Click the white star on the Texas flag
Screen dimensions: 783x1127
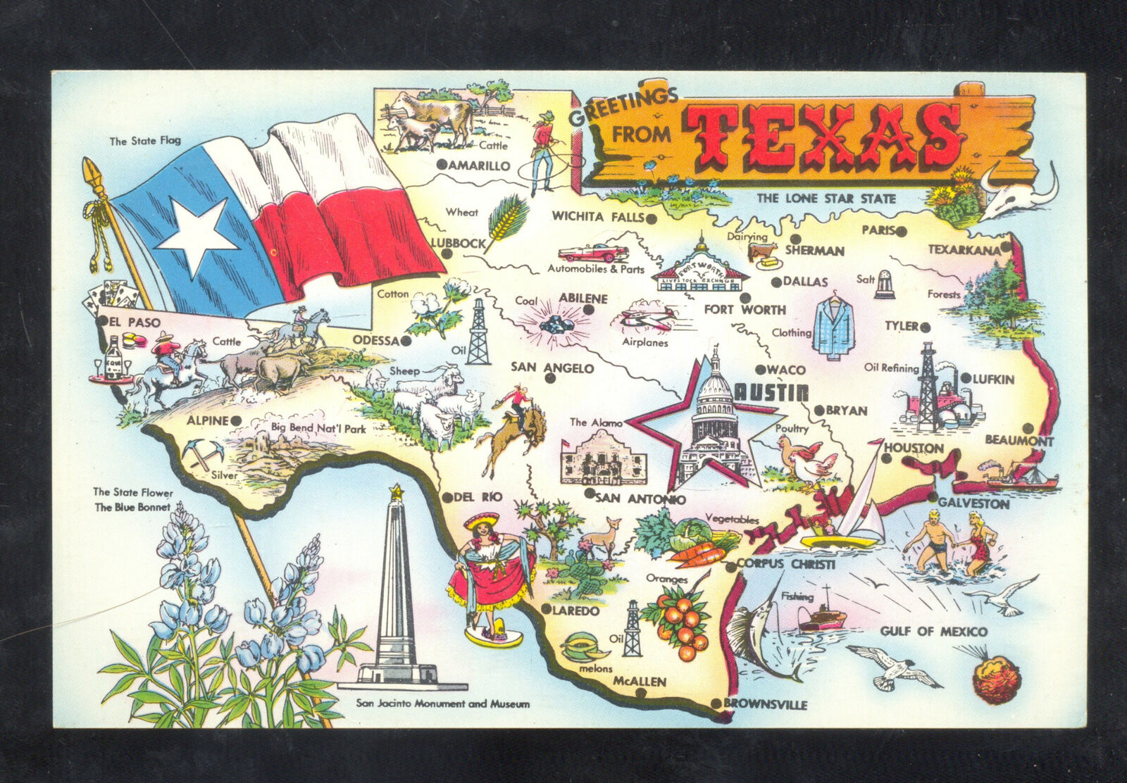(x=197, y=236)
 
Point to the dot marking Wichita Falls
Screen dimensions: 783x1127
(x=652, y=218)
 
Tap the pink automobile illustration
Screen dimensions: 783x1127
(x=592, y=252)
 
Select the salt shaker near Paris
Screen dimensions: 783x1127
(x=885, y=284)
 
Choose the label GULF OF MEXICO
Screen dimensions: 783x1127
(x=933, y=632)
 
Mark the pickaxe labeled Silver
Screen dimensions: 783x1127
(x=202, y=453)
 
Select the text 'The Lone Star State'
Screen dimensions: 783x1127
(x=826, y=199)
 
